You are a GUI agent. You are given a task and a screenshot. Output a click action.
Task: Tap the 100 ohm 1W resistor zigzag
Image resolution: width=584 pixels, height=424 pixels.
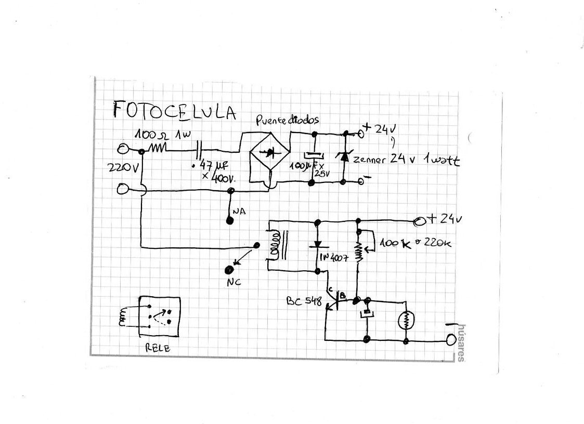coord(157,149)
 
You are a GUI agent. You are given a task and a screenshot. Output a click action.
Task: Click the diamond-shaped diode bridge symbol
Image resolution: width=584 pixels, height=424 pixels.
coord(270,154)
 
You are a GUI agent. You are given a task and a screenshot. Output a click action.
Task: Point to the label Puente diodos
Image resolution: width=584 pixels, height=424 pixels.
coord(287,120)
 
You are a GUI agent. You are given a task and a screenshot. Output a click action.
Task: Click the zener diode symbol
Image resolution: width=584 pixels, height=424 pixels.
coord(343,155)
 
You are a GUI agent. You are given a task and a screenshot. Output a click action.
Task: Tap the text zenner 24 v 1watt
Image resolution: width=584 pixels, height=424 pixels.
coord(406,160)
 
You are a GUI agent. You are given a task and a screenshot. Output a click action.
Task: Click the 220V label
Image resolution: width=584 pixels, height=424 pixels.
coord(123,168)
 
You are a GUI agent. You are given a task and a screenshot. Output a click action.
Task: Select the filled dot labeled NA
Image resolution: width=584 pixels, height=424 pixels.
coord(229,220)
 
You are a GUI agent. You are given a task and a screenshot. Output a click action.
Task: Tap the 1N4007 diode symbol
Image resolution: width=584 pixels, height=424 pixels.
coord(317,246)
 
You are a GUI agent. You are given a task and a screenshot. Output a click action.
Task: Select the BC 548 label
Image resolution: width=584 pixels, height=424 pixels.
coord(304,301)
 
